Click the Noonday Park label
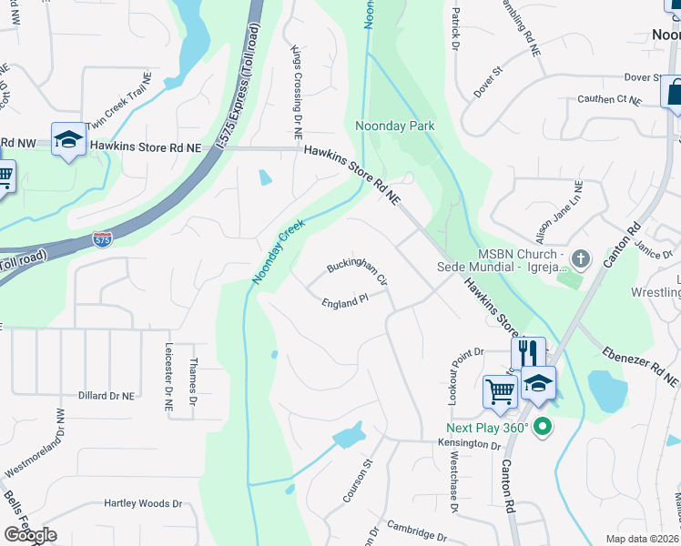point(394,126)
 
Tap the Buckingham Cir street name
point(358,273)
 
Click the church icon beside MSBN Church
point(582,259)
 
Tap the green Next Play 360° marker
point(544,426)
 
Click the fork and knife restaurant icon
point(528,352)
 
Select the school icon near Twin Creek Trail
point(68,139)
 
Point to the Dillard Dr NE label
point(107,396)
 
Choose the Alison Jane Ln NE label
point(570,210)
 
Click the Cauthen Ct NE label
point(610,99)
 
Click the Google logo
point(30,535)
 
